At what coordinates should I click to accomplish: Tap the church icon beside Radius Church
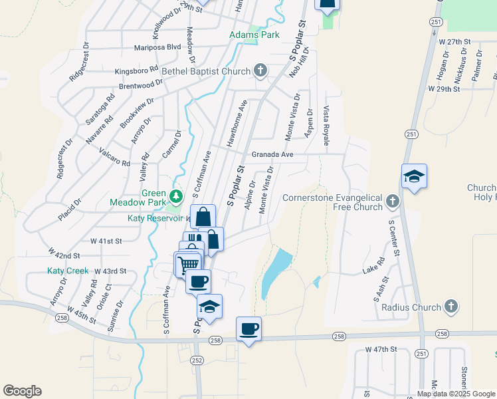(x=450, y=307)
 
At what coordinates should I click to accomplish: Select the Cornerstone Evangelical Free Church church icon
(x=393, y=201)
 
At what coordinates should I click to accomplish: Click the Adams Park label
(x=254, y=35)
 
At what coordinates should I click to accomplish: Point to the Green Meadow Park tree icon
(x=176, y=196)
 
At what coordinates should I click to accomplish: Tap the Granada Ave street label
(x=272, y=154)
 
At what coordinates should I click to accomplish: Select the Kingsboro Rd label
(x=136, y=70)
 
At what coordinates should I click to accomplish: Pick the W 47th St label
(x=381, y=348)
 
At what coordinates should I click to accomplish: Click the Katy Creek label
(x=68, y=271)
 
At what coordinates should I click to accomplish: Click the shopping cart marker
(x=189, y=265)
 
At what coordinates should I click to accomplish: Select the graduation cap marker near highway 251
(x=414, y=176)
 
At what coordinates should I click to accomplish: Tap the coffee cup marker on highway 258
(x=249, y=328)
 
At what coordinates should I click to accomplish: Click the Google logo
(x=22, y=391)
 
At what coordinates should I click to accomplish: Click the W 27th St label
(x=454, y=41)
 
